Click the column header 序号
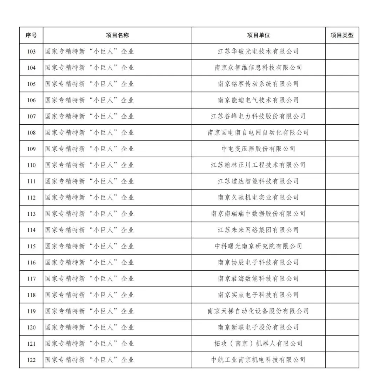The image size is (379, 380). pos(31,35)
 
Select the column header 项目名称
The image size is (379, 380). pos(117,35)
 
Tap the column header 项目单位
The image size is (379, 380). pos(258,35)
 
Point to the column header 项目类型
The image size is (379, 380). pos(342,35)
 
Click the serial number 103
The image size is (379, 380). pos(31,51)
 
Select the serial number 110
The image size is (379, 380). pos(31,165)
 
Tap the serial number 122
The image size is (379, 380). pos(31,360)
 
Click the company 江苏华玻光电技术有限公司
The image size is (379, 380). pos(258,51)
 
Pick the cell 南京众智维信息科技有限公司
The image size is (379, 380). pos(258,68)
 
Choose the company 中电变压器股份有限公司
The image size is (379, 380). pos(258,149)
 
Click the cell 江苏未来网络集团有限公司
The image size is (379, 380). pos(258,230)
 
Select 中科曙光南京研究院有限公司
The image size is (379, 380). pos(258,246)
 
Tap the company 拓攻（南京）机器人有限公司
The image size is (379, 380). pos(258,344)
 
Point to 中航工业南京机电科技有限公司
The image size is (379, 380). pos(258,360)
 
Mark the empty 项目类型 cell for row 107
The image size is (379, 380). pos(342,116)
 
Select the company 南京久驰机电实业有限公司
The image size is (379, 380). pos(258,198)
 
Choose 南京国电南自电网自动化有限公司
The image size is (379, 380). pos(258,133)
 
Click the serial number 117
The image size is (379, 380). pos(31,279)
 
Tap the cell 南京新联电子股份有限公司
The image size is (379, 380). pos(258,327)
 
